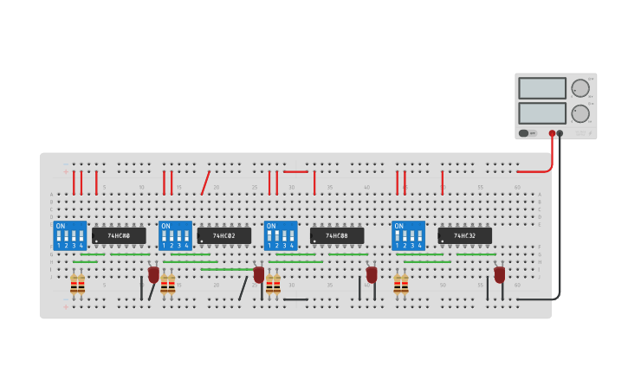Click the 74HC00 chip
pos(119,235)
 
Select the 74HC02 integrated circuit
pos(224,235)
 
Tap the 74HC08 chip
pos(337,235)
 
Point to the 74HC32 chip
pos(464,235)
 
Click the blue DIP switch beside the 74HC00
pos(70,235)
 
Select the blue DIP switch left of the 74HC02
pos(175,235)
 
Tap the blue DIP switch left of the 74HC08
pos(281,235)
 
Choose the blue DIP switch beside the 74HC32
pos(409,235)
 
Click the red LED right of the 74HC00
pos(153,274)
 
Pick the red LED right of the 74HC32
pos(500,274)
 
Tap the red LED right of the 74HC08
pos(372,274)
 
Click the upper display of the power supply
pos(542,88)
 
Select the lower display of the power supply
pos(542,113)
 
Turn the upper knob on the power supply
pos(580,88)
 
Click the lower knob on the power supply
pos(580,113)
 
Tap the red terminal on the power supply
pos(552,133)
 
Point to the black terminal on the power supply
pos(560,133)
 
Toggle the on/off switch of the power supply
pos(523,133)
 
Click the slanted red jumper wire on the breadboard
pos(205,183)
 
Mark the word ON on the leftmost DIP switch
pos(60,225)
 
